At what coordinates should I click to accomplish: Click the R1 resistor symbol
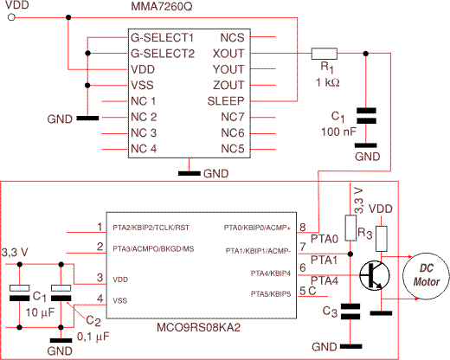click(x=325, y=54)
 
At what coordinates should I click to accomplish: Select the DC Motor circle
click(x=426, y=276)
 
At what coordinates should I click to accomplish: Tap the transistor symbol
click(x=375, y=276)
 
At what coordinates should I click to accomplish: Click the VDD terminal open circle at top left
click(x=11, y=17)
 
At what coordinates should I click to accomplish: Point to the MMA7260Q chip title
click(x=162, y=6)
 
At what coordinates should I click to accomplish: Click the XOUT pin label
click(x=228, y=54)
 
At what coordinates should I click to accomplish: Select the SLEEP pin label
click(x=226, y=101)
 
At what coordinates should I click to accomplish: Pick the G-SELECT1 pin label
click(x=162, y=38)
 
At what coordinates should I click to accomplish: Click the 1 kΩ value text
click(x=328, y=83)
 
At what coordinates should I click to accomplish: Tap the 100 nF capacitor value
click(x=338, y=132)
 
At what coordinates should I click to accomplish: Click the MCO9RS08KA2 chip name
click(x=198, y=328)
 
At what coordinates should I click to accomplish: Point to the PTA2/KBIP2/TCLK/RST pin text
click(x=151, y=228)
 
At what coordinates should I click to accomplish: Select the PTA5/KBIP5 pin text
click(x=271, y=294)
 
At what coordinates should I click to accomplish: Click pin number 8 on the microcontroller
click(x=303, y=227)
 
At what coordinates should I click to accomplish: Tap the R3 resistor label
click(x=365, y=233)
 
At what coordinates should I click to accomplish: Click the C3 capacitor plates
click(x=350, y=312)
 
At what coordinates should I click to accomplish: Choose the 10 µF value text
click(x=40, y=312)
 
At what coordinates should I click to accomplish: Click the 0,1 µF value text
click(x=93, y=337)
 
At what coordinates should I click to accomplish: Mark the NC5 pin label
click(x=233, y=149)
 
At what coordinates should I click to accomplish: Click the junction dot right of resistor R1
click(x=366, y=54)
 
